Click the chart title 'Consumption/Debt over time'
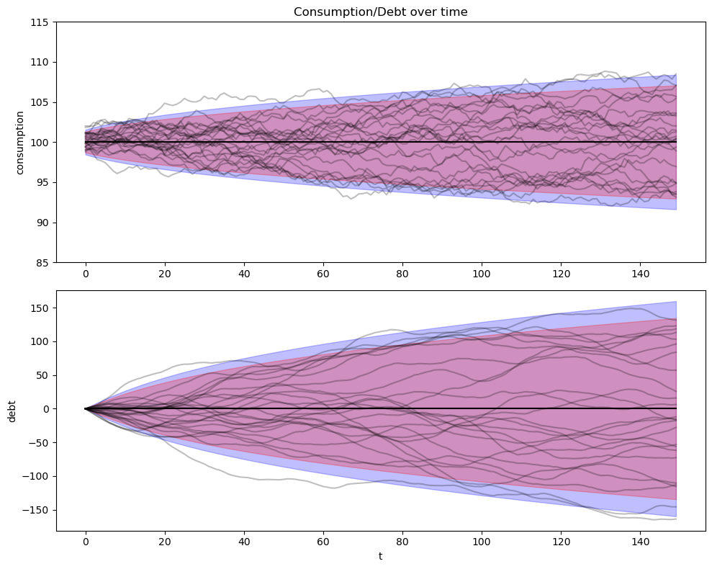coord(380,12)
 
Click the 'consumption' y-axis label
coord(20,143)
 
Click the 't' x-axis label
coord(380,555)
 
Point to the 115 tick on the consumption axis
coord(40,22)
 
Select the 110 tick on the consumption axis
coord(40,63)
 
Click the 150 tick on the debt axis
coord(40,308)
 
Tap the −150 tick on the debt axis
coord(37,510)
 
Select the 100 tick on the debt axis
coord(40,341)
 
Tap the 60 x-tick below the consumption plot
coord(323,274)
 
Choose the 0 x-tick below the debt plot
coord(86,542)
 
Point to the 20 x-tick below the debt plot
coord(165,542)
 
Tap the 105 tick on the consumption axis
coord(40,102)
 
